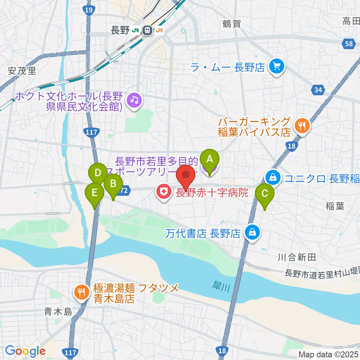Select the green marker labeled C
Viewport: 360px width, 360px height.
coord(265,194)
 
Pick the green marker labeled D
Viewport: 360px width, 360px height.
coord(98,173)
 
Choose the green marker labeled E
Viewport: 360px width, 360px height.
coord(94,193)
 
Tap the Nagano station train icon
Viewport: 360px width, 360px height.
coord(148,30)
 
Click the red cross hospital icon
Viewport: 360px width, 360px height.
coord(164,193)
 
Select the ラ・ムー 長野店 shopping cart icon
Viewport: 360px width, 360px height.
coord(277,67)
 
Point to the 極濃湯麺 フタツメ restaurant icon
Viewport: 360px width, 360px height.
coord(81,291)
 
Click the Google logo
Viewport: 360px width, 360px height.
coord(25,351)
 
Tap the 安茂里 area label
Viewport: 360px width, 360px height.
coord(22,70)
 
